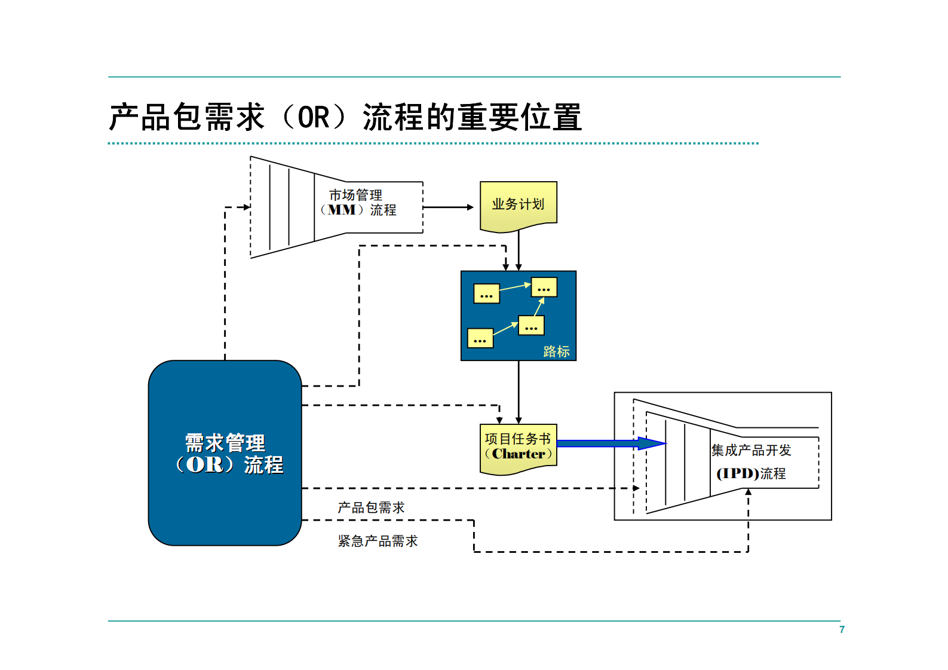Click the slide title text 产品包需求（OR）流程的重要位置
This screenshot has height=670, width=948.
(x=345, y=117)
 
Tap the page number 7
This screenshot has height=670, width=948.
(x=842, y=629)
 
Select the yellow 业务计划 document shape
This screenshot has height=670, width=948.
(x=518, y=205)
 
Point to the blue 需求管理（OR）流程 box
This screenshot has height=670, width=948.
(x=225, y=452)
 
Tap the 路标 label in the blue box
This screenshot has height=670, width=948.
(x=556, y=351)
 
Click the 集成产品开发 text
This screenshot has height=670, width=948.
(x=751, y=450)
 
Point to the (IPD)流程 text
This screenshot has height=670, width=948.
(x=751, y=473)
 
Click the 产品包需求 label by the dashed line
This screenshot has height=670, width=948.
(x=371, y=507)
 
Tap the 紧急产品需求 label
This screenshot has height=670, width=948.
(x=378, y=541)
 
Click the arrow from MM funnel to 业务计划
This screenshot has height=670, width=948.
(x=448, y=207)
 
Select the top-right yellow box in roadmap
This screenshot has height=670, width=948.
(x=544, y=287)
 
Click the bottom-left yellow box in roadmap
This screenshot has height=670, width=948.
(x=480, y=338)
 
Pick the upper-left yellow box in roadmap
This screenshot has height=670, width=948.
(x=486, y=293)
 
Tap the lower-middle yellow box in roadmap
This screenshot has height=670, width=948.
(x=531, y=326)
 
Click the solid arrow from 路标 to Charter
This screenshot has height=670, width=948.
(x=519, y=392)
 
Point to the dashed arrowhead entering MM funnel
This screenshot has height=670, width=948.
(x=247, y=207)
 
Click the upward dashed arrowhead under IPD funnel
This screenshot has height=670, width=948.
(x=748, y=492)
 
